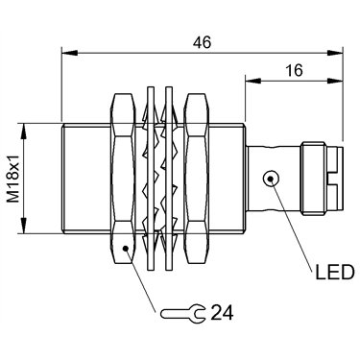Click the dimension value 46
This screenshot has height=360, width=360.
[203, 42]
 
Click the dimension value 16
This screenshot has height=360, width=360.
[294, 70]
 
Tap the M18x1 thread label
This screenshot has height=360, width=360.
[13, 178]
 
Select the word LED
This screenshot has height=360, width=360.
[335, 273]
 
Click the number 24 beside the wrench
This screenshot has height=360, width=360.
[222, 313]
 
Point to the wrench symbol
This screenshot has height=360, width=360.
[181, 313]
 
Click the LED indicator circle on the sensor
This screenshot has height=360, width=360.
[271, 179]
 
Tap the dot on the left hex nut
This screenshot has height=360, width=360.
[126, 248]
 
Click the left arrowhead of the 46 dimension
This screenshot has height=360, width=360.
[69, 53]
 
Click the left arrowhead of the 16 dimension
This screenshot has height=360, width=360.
[253, 80]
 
